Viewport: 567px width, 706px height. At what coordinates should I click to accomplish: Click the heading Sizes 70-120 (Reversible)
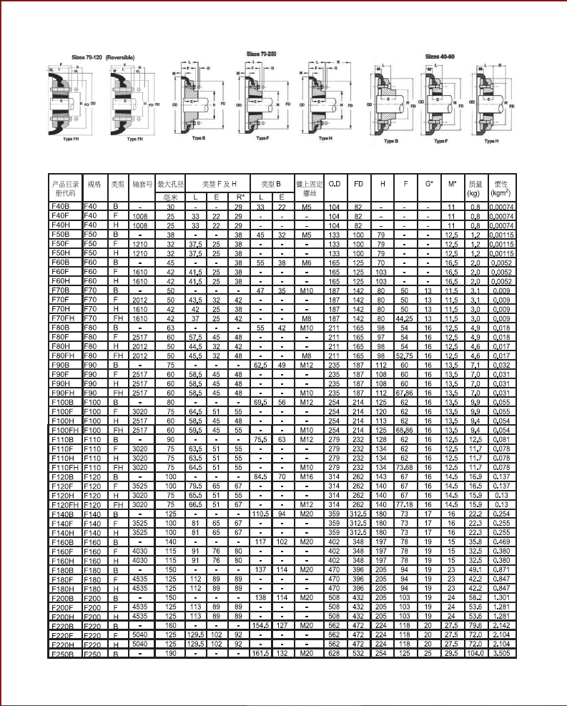(103, 57)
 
